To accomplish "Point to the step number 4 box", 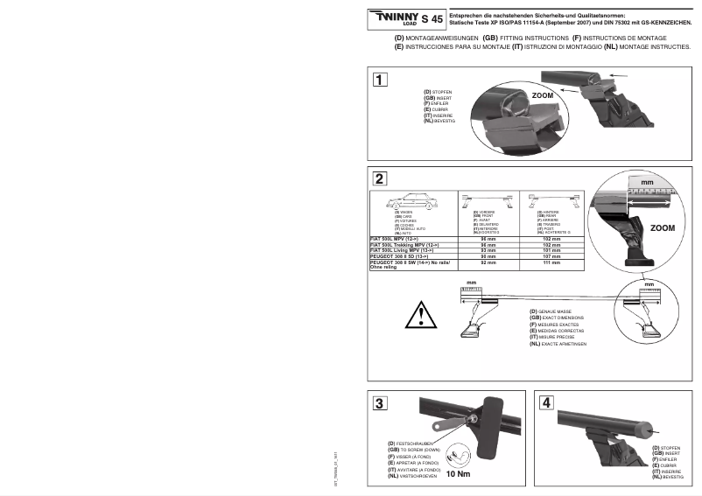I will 547,403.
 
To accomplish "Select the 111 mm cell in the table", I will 551,262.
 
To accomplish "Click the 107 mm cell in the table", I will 551,256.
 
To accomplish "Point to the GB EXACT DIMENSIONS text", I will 562,317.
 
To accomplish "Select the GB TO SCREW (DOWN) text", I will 418,450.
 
